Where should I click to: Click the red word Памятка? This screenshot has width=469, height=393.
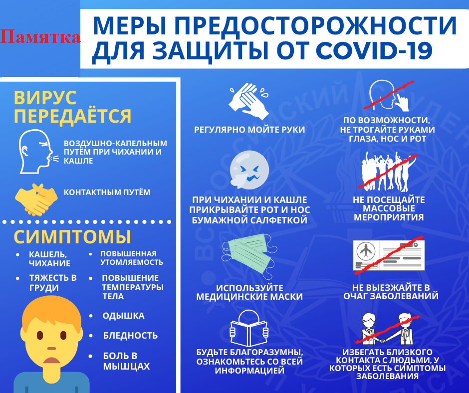point(40,37)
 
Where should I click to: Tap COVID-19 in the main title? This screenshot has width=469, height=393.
point(374,50)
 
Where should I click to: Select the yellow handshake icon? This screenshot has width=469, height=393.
point(36,199)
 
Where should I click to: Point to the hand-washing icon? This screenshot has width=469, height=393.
point(248,101)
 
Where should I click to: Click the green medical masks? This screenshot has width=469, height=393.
point(249,253)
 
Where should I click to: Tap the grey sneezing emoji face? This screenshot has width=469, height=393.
point(249,170)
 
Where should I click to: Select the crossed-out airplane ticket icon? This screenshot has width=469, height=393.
point(389,255)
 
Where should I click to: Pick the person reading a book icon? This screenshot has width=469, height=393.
point(248,329)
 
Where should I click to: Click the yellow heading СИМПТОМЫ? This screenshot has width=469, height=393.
point(72,237)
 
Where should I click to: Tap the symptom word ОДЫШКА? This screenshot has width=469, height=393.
point(124,316)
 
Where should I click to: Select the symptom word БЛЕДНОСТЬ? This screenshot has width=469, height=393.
point(130,336)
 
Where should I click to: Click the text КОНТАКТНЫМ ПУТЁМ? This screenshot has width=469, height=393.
point(107,192)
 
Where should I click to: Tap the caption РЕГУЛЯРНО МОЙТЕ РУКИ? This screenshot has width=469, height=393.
point(249,130)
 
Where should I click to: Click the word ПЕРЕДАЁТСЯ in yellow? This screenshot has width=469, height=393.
point(72,116)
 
